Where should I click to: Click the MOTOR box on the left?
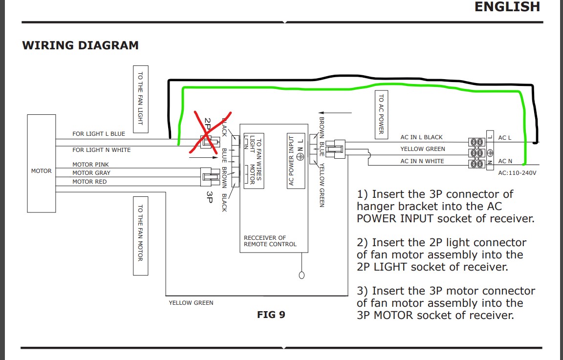tap(41, 164)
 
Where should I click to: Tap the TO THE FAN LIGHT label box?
tap(140, 99)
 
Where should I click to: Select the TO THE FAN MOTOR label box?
tap(140, 236)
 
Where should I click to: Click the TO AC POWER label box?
tap(381, 114)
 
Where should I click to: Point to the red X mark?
tap(210, 132)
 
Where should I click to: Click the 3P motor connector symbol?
tap(210, 177)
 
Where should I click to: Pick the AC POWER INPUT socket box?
tap(296, 160)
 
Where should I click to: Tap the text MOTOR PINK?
tap(90, 165)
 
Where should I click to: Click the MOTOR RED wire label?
tap(89, 182)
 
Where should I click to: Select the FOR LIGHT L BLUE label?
tap(99, 134)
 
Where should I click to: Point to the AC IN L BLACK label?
tap(422, 137)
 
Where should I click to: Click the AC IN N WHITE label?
tap(422, 161)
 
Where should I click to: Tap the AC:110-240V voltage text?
tap(517, 173)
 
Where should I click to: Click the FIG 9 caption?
tap(271, 315)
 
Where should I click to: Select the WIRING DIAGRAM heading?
tap(81, 45)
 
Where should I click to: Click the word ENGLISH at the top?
tap(507, 7)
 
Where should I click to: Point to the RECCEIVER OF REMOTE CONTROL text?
tap(270, 241)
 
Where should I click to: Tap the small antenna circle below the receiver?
tap(302, 275)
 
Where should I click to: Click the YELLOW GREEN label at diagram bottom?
tap(191, 303)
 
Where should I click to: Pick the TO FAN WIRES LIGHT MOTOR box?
tap(254, 161)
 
